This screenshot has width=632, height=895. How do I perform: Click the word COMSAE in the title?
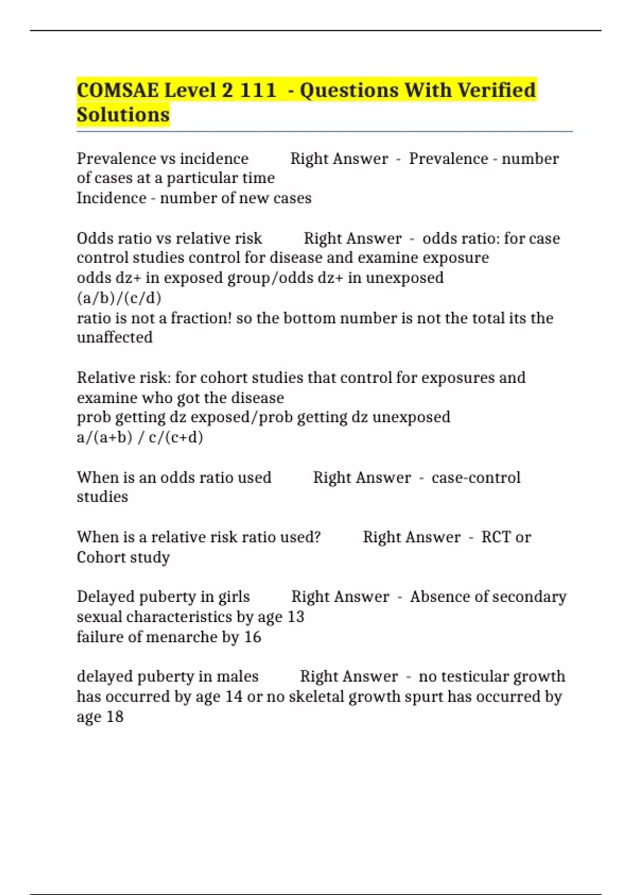[117, 91]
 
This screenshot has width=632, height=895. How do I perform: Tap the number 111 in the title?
[258, 91]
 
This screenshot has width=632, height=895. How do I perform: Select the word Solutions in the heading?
[123, 115]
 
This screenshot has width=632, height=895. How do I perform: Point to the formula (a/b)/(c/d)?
[119, 298]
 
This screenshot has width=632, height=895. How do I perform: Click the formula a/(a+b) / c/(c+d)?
[140, 437]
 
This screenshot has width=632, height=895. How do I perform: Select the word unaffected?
[115, 337]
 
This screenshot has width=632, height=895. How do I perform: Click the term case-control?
[476, 478]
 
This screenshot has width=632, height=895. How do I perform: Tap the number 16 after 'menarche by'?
[252, 637]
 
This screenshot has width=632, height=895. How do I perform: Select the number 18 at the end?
[114, 717]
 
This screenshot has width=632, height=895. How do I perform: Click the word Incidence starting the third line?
[112, 198]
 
